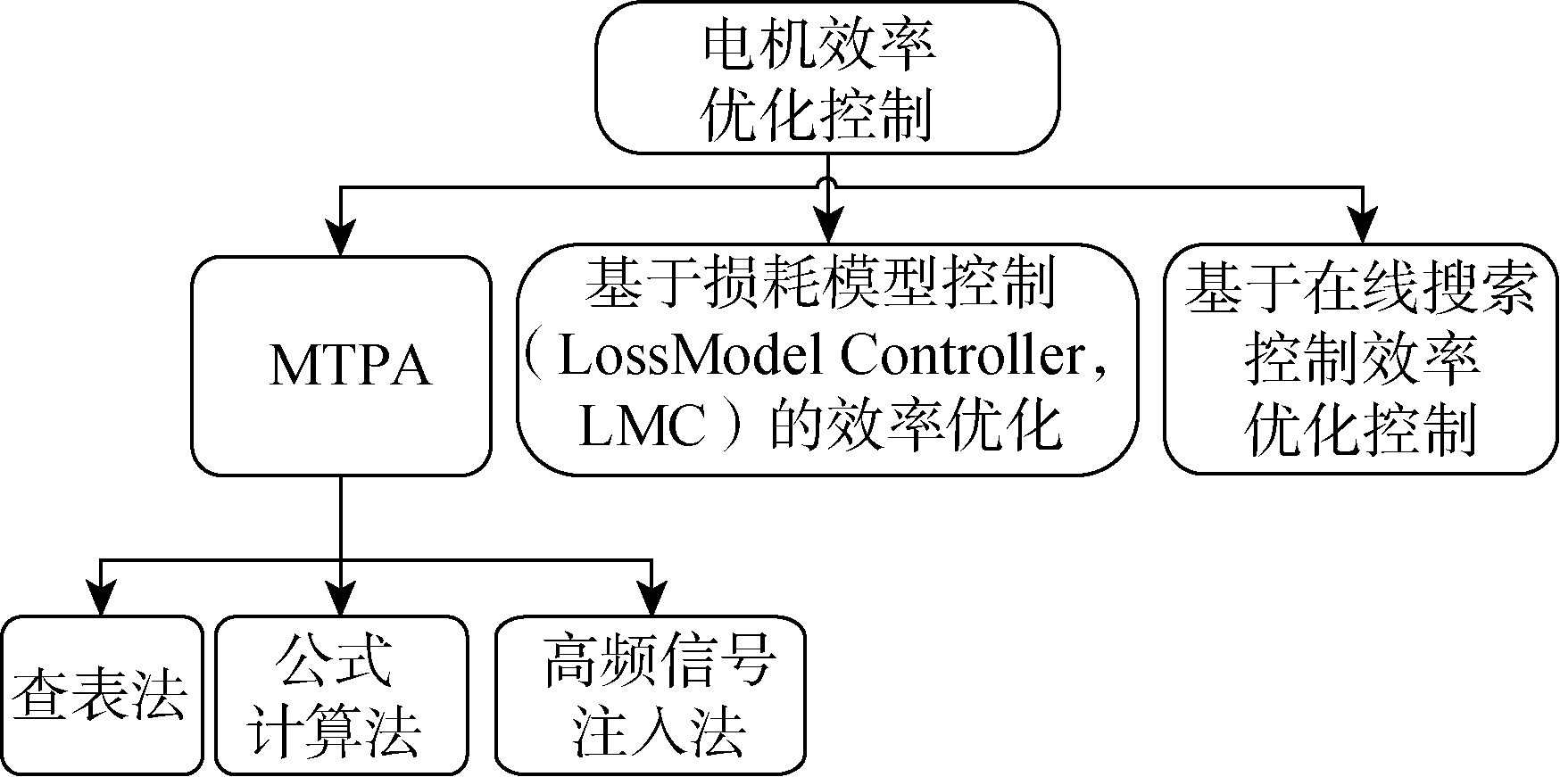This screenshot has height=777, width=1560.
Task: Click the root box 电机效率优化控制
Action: point(826,78)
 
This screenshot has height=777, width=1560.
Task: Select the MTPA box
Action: point(342,366)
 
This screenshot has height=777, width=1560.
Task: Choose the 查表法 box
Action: point(101,695)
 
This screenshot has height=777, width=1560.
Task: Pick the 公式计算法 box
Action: point(341,695)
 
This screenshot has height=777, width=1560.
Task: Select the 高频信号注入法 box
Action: point(651,695)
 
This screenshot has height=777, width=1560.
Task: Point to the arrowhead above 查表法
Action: point(101,598)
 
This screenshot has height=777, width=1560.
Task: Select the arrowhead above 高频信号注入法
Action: point(651,598)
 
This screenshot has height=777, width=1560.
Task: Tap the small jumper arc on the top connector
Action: point(829,185)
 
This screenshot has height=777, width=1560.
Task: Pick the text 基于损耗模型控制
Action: point(820,285)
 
